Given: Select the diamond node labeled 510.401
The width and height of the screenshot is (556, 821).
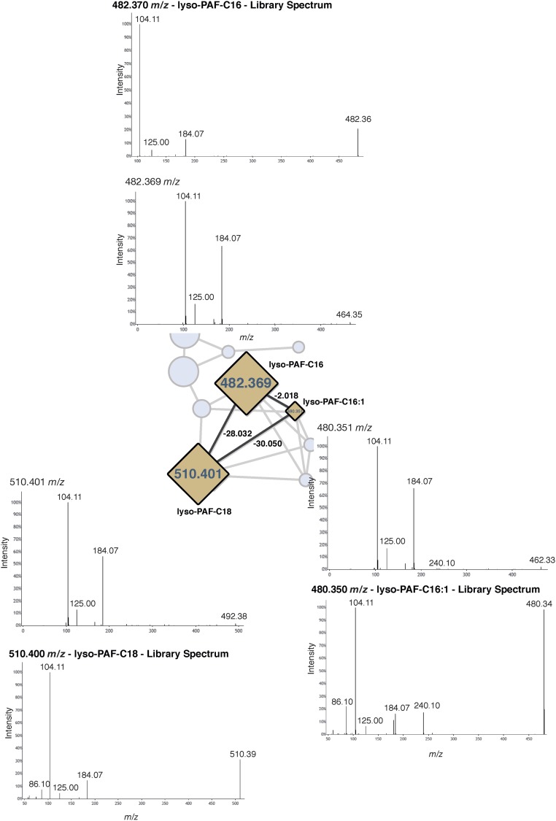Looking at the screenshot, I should click(199, 474).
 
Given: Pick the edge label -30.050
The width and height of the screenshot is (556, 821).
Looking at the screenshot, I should click(269, 442).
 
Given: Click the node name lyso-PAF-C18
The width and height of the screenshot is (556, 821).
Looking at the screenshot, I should click(204, 511).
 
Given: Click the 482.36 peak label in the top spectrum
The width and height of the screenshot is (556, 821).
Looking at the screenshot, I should click(358, 119).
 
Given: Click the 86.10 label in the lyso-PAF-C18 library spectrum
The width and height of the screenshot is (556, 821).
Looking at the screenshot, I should click(39, 784).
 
